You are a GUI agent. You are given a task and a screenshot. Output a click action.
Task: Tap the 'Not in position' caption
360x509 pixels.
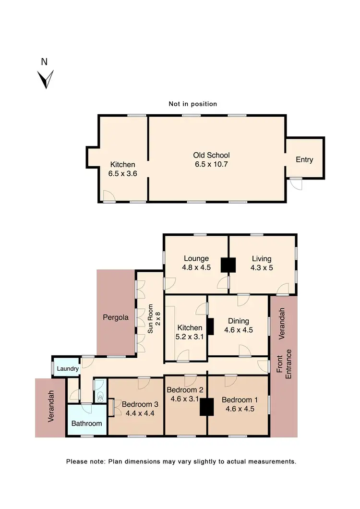click(193, 104)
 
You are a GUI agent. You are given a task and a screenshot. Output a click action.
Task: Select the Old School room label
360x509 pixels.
click(211, 155)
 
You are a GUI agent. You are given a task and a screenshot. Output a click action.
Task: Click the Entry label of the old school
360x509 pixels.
click(304, 159)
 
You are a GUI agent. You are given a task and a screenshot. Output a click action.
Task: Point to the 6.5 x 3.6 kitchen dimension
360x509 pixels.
click(123, 174)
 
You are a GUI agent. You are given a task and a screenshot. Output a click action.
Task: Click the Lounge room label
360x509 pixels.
click(196, 259)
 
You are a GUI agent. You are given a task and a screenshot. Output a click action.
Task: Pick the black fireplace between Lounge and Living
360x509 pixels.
click(228, 265)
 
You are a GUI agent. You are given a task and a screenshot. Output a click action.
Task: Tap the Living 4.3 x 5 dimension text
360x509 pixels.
click(262, 268)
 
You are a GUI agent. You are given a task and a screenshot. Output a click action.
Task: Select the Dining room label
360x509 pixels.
click(239, 321)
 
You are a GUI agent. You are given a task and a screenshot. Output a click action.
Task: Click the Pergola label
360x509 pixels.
click(116, 317)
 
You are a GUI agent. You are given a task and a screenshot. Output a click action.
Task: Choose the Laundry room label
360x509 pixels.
click(68, 369)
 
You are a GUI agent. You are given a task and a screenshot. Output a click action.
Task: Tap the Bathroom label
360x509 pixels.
click(86, 424)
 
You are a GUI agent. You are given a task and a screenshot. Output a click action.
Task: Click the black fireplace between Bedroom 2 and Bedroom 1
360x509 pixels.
click(207, 407)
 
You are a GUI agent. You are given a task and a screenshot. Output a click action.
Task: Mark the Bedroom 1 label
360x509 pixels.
click(238, 400)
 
